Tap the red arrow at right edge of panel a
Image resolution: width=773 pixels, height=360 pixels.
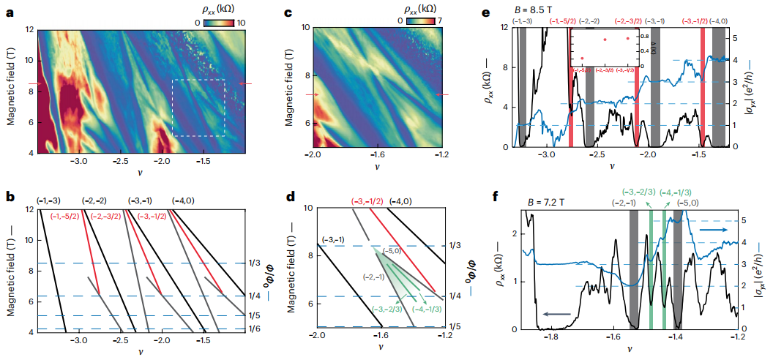pos(246,84)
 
